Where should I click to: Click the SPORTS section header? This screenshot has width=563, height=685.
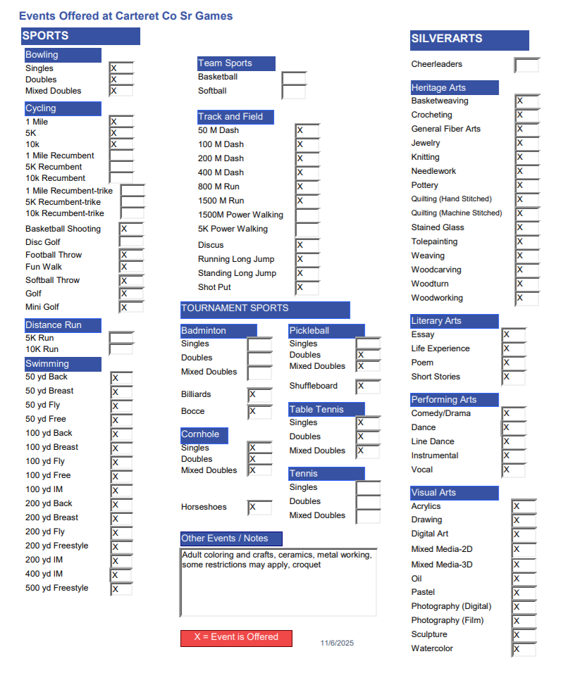click(80, 36)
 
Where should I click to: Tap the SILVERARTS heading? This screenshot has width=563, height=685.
click(469, 39)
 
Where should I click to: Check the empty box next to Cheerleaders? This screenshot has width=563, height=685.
click(526, 65)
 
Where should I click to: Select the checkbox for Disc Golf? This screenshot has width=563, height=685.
click(131, 242)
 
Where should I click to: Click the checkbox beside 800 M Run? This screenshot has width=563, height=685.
click(307, 187)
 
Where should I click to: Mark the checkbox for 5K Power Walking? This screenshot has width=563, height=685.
click(307, 230)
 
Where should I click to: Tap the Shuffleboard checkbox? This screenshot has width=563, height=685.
click(368, 387)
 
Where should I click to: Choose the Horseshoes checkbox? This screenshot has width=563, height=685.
click(259, 507)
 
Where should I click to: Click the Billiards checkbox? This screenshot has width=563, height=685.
click(259, 394)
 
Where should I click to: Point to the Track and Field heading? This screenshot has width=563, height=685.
click(235, 117)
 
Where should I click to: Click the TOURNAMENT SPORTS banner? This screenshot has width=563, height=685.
click(265, 309)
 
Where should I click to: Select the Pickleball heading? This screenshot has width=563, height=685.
click(326, 330)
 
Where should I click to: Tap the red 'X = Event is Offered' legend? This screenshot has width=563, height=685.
click(236, 637)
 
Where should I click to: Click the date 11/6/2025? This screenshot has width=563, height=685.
click(337, 643)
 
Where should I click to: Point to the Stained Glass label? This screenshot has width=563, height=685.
click(438, 227)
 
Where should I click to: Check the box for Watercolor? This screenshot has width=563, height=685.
click(524, 649)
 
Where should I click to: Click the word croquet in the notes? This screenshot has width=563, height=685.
click(307, 565)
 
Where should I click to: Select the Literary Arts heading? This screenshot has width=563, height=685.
click(454, 321)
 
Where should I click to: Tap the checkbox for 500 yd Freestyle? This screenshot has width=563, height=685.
click(121, 589)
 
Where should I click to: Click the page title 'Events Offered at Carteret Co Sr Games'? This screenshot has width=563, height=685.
click(125, 15)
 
